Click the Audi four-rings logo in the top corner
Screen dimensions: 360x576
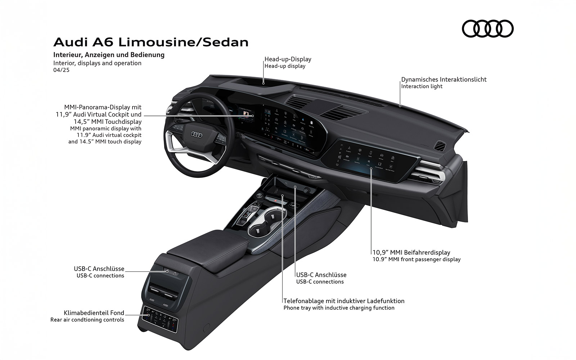tap(487, 28)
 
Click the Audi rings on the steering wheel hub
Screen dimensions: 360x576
tap(197, 134)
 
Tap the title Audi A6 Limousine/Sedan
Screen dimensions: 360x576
tap(151, 42)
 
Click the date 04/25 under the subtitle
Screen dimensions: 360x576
tap(61, 70)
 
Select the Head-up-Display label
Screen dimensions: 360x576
tap(288, 59)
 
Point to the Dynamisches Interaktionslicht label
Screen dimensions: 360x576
tap(444, 80)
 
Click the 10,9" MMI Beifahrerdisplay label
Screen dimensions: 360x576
tap(411, 252)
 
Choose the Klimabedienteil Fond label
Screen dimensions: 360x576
tap(94, 313)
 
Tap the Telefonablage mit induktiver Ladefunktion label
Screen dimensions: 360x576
tap(344, 301)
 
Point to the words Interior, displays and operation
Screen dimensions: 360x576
tap(97, 63)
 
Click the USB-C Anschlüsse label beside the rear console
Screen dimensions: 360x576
tap(99, 269)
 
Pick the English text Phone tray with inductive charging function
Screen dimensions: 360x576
tap(339, 308)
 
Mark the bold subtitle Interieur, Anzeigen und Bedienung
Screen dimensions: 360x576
tap(109, 55)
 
